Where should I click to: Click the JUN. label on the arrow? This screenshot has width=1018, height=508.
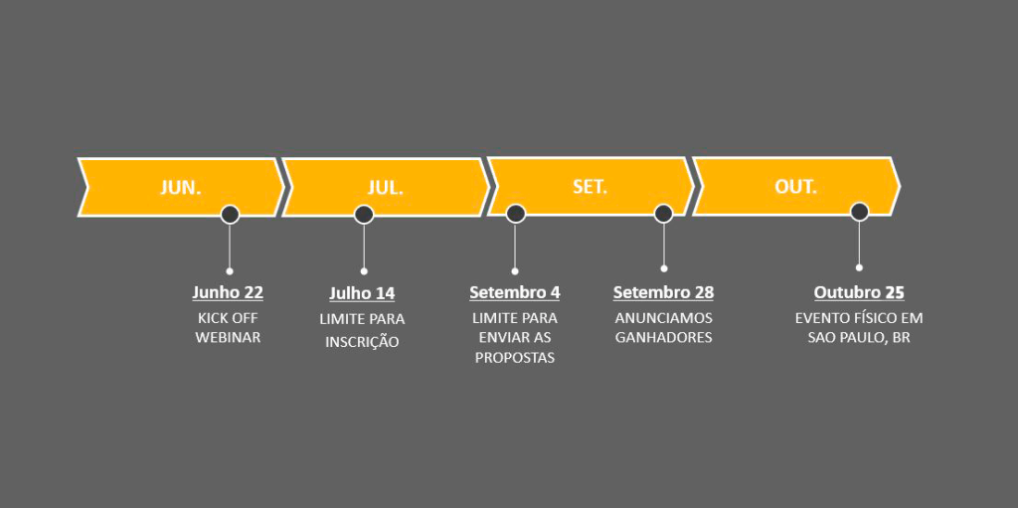pyautogui.click(x=181, y=187)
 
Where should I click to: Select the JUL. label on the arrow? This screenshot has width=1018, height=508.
pyautogui.click(x=386, y=187)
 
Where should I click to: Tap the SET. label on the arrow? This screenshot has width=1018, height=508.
pyautogui.click(x=590, y=186)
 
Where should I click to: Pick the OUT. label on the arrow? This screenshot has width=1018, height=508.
pyautogui.click(x=795, y=186)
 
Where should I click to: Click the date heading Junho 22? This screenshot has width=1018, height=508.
pyautogui.click(x=228, y=292)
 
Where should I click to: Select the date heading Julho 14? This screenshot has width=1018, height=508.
pyautogui.click(x=362, y=293)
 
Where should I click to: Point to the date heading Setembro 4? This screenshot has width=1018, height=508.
pyautogui.click(x=514, y=292)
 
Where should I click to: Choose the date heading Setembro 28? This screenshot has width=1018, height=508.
pyautogui.click(x=663, y=292)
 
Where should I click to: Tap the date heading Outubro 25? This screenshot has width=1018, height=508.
pyautogui.click(x=859, y=292)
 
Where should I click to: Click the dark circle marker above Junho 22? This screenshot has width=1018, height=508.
pyautogui.click(x=230, y=214)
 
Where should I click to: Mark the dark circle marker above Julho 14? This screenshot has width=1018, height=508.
pyautogui.click(x=364, y=214)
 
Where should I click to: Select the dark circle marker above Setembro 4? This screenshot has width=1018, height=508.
pyautogui.click(x=515, y=213)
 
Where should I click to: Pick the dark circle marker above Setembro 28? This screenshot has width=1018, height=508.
pyautogui.click(x=663, y=213)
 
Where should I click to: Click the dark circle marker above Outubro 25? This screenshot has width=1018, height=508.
pyautogui.click(x=860, y=211)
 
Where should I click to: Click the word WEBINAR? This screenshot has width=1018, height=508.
pyautogui.click(x=228, y=338)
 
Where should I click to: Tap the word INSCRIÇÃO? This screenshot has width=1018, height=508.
pyautogui.click(x=362, y=342)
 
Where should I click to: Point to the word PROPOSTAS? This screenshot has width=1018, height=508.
pyautogui.click(x=514, y=358)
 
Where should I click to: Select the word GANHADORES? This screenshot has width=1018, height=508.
pyautogui.click(x=663, y=338)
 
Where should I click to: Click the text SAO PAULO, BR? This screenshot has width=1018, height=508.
pyautogui.click(x=859, y=338)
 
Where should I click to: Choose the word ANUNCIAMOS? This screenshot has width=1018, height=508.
pyautogui.click(x=663, y=318)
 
